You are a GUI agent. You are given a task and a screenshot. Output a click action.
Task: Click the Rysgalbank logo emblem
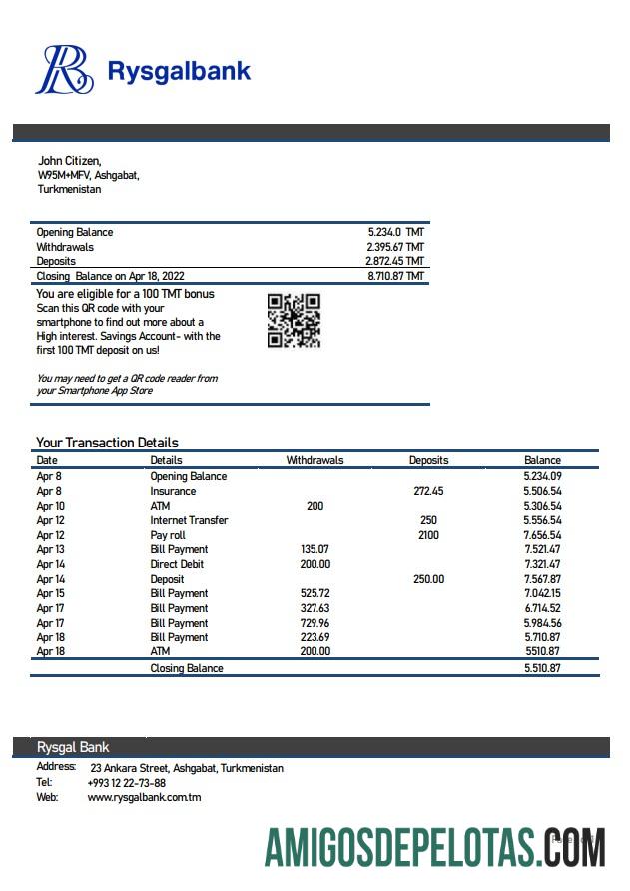point(65,70)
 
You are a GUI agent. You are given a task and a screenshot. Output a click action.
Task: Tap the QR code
point(294,320)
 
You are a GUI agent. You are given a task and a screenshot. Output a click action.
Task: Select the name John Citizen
point(69,160)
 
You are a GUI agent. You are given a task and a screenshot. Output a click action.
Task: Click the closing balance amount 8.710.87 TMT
point(395,276)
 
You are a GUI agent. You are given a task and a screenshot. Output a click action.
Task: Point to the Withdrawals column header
point(315,460)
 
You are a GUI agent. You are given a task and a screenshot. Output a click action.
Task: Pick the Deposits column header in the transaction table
point(428,460)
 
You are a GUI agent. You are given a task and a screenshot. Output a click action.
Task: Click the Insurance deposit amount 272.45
point(428,491)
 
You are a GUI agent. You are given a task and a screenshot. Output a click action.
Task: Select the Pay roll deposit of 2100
point(428,535)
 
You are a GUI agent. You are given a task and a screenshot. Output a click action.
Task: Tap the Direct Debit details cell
point(179,564)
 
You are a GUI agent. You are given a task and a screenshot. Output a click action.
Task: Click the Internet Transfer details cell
point(189,520)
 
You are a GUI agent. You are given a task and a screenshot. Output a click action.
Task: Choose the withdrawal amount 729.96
point(315,622)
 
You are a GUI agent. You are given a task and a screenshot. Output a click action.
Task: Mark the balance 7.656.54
point(542,535)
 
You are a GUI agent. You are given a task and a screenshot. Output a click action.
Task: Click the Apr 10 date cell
point(50,506)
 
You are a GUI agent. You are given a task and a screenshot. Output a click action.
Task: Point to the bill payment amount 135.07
point(315,549)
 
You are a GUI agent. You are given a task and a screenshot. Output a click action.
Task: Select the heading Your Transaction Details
point(107,443)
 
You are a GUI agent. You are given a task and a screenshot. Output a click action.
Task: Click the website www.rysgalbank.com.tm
point(144,798)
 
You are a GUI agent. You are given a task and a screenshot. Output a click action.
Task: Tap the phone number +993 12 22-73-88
point(127,783)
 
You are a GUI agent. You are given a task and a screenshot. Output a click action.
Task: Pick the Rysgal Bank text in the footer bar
point(73,747)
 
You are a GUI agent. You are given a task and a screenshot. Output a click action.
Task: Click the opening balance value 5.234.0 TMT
point(395,232)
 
